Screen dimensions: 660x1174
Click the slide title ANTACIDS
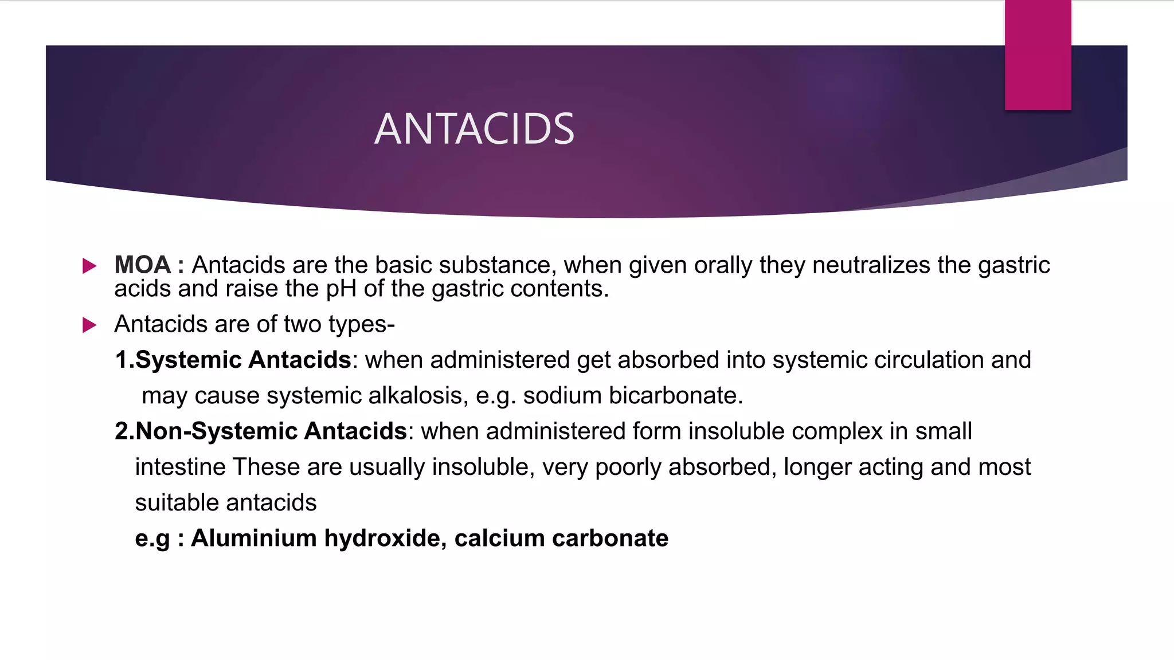pyautogui.click(x=474, y=129)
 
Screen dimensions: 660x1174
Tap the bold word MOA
pyautogui.click(x=142, y=265)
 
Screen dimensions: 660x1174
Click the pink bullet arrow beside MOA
pyautogui.click(x=89, y=266)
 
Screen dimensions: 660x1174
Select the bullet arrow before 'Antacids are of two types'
pyautogui.click(x=89, y=325)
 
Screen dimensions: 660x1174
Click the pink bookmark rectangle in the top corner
pyautogui.click(x=1038, y=55)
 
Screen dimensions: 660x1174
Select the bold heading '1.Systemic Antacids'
pyautogui.click(x=233, y=360)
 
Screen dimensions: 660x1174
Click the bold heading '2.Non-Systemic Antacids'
pyautogui.click(x=261, y=431)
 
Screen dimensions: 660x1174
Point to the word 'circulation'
pyautogui.click(x=929, y=360)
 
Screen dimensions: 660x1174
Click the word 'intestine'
pyautogui.click(x=180, y=467)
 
